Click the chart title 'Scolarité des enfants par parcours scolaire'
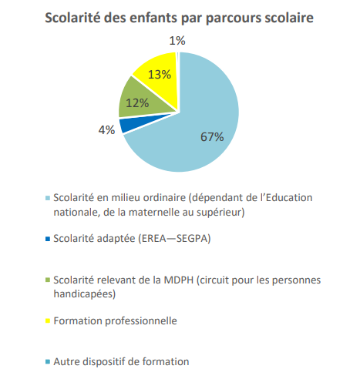(x=179, y=18)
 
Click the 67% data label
(x=212, y=136)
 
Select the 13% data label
(x=160, y=75)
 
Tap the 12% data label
(x=137, y=103)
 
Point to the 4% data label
(x=106, y=130)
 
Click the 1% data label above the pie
(x=177, y=41)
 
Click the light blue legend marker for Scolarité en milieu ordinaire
(x=48, y=198)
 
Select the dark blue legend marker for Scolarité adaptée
(x=48, y=239)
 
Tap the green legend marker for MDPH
(x=48, y=280)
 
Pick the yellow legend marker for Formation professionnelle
(x=48, y=320)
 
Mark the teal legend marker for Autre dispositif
(x=48, y=362)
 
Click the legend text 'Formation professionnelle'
(x=115, y=321)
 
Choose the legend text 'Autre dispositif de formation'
(x=121, y=361)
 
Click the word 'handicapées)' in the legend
(x=85, y=293)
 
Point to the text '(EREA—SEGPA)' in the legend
(x=174, y=239)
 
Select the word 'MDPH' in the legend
(x=179, y=280)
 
